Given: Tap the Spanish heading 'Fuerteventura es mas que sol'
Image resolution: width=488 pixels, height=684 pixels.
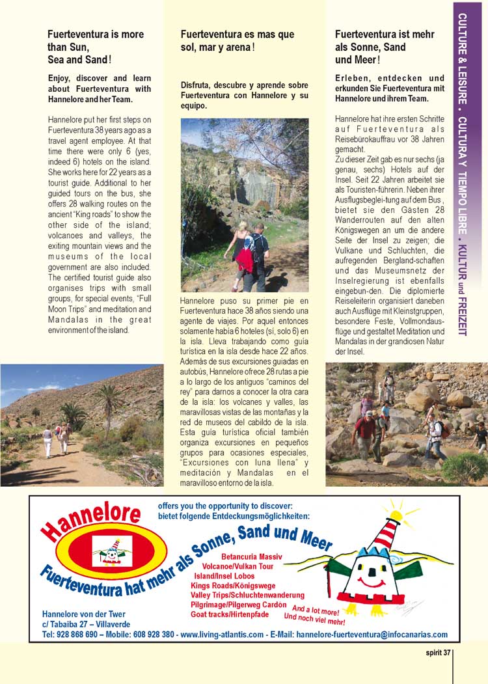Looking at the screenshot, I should (237, 40).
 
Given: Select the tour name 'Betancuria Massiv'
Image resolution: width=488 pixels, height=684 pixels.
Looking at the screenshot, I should (252, 557).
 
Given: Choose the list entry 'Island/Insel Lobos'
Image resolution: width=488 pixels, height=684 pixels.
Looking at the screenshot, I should (223, 576).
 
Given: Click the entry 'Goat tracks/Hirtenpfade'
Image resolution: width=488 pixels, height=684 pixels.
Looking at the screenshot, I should (230, 614).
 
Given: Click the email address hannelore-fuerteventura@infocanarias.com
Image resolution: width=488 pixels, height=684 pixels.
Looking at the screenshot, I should (372, 635).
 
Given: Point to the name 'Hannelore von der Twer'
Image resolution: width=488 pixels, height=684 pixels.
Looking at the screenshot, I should (83, 614).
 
